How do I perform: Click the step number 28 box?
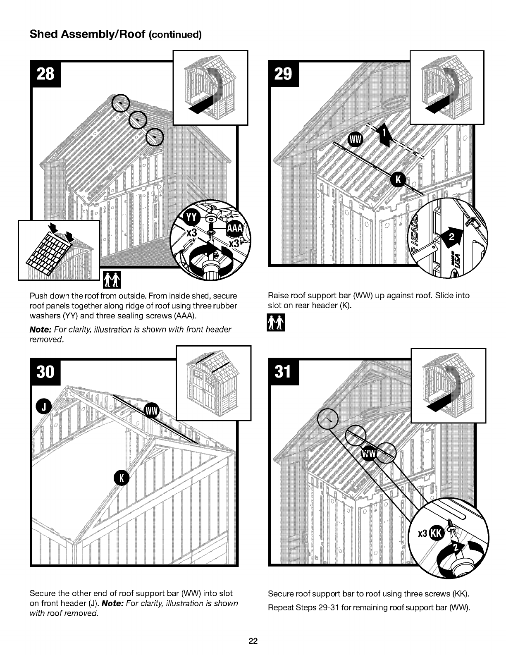(45, 74)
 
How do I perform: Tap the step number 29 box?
(284, 74)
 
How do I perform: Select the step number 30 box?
(45, 372)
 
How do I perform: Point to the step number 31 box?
(284, 372)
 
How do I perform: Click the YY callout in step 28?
(191, 218)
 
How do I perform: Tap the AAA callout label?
(235, 229)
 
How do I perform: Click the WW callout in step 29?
(355, 140)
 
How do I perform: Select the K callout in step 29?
(399, 179)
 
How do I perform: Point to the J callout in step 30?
(44, 406)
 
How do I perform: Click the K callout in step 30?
(122, 478)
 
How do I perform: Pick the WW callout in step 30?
(152, 411)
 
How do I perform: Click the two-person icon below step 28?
(112, 280)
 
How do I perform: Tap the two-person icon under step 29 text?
(276, 322)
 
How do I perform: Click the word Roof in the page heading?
(132, 34)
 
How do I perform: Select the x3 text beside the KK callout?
(422, 533)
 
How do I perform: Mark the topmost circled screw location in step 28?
(121, 103)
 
